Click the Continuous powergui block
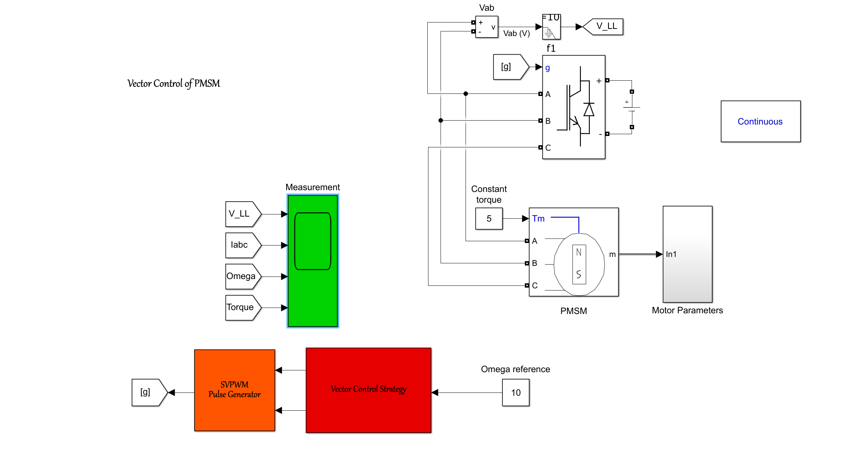pyautogui.click(x=760, y=121)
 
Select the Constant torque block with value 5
pyautogui.click(x=489, y=218)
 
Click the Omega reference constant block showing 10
pyautogui.click(x=516, y=392)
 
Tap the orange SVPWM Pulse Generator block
pyautogui.click(x=235, y=390)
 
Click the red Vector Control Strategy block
pyautogui.click(x=368, y=390)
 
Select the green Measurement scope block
pyautogui.click(x=313, y=261)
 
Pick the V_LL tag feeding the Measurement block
pyautogui.click(x=242, y=214)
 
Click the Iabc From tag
pyautogui.click(x=242, y=245)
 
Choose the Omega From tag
pyautogui.click(x=242, y=277)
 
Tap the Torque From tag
pyautogui.click(x=242, y=308)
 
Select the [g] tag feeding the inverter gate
pyautogui.click(x=508, y=67)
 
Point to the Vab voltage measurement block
pyautogui.click(x=487, y=27)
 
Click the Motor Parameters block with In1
pyautogui.click(x=687, y=254)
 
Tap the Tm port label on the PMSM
pyautogui.click(x=538, y=218)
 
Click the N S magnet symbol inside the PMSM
pyautogui.click(x=579, y=264)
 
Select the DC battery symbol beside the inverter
pyautogui.click(x=632, y=109)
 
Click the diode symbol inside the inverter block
pyautogui.click(x=589, y=110)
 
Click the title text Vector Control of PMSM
pyautogui.click(x=174, y=83)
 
